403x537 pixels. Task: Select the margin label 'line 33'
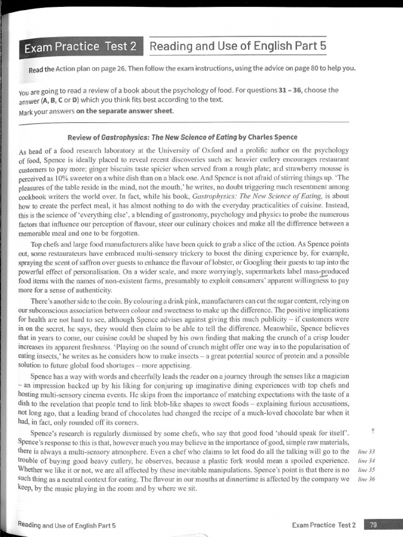click(x=365, y=452)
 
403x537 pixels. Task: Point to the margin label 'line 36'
click(x=365, y=478)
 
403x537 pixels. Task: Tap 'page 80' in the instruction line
click(x=300, y=68)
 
